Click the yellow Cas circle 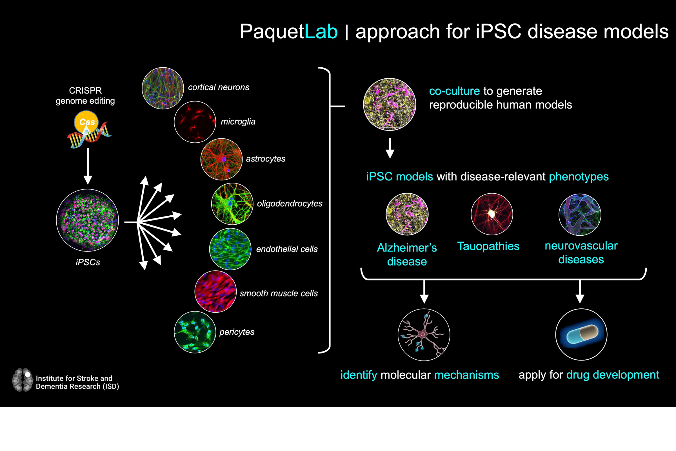[86, 122]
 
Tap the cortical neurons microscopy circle [163, 88]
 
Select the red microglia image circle [195, 122]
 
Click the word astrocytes [266, 159]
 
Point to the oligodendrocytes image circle [232, 204]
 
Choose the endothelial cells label [287, 249]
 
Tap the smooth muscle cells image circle [215, 291]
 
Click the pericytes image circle [195, 332]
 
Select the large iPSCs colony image [87, 220]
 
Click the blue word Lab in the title [321, 31]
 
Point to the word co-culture [454, 91]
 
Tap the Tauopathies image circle [492, 214]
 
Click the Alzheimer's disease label [407, 255]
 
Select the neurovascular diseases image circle [580, 215]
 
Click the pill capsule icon [581, 335]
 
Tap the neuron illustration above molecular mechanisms [424, 335]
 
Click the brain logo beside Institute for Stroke [23, 380]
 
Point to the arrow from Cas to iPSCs [88, 166]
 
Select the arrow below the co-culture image [390, 148]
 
